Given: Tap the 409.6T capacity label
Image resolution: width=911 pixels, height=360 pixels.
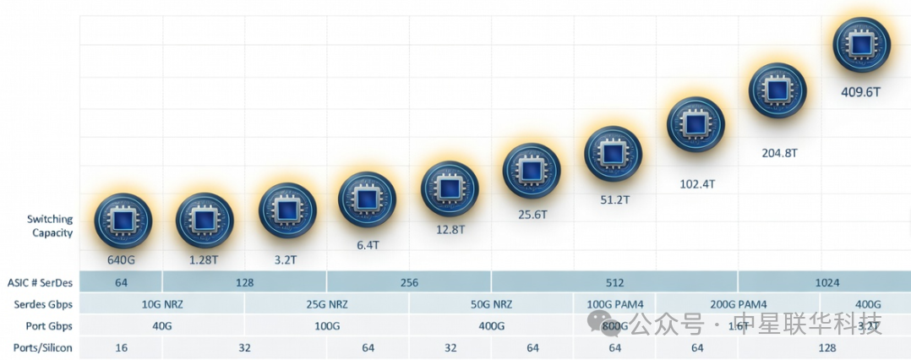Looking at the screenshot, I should (861, 92).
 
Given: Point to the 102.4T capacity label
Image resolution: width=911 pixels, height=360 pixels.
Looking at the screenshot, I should (697, 183).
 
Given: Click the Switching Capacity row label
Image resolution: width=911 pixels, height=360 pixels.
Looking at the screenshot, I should (50, 226).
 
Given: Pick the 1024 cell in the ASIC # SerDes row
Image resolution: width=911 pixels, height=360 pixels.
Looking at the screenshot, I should (826, 282).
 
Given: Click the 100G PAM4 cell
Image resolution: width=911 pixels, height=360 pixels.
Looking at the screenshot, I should (614, 304).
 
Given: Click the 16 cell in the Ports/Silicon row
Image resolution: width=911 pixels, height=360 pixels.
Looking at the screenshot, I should (121, 347).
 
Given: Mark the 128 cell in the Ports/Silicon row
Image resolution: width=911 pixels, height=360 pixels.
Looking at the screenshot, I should (826, 347).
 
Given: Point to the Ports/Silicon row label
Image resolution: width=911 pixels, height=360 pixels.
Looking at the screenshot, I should (43, 347).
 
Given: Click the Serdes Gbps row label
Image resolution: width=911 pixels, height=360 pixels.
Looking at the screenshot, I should (44, 304).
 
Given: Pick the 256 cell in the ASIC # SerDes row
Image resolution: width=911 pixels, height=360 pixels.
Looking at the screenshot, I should (409, 282).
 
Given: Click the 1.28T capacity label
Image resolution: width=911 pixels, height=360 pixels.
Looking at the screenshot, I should (204, 259).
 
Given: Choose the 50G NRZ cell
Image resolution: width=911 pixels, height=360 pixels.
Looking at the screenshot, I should (491, 304).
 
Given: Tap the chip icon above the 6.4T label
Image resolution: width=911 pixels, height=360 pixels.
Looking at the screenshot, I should (367, 199).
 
